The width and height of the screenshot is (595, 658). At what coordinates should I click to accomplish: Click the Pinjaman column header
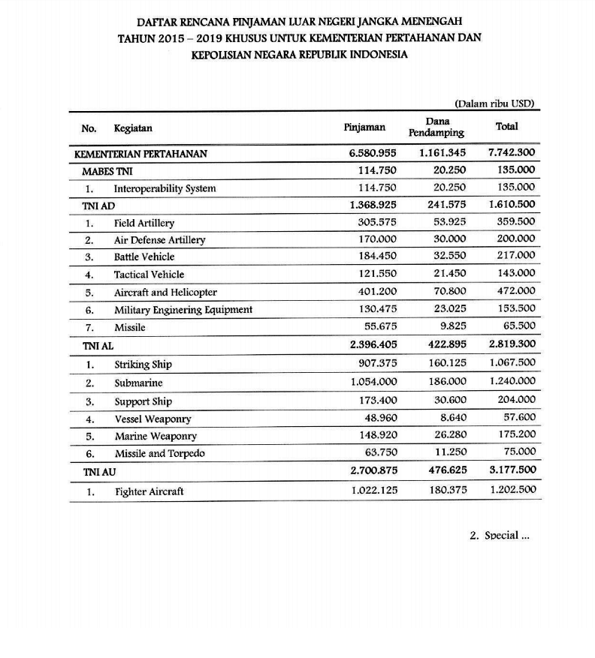click(364, 128)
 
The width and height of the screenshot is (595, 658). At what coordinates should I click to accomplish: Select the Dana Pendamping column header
click(436, 127)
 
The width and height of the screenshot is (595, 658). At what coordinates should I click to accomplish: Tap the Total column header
click(507, 127)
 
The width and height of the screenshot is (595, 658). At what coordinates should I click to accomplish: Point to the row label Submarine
click(139, 383)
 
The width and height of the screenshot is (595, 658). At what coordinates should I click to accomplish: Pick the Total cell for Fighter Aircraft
click(512, 491)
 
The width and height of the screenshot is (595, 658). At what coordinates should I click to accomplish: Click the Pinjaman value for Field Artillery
click(376, 222)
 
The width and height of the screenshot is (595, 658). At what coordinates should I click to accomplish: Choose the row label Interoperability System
click(165, 188)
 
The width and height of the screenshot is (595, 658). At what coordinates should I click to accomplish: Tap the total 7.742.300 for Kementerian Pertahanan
click(512, 153)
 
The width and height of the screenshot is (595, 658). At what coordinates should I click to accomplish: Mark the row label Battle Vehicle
click(144, 257)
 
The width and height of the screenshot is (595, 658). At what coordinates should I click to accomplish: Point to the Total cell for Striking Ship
click(512, 364)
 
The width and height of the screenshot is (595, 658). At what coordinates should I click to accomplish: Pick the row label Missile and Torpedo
click(159, 453)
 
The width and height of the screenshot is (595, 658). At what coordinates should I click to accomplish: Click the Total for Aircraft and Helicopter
click(516, 291)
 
